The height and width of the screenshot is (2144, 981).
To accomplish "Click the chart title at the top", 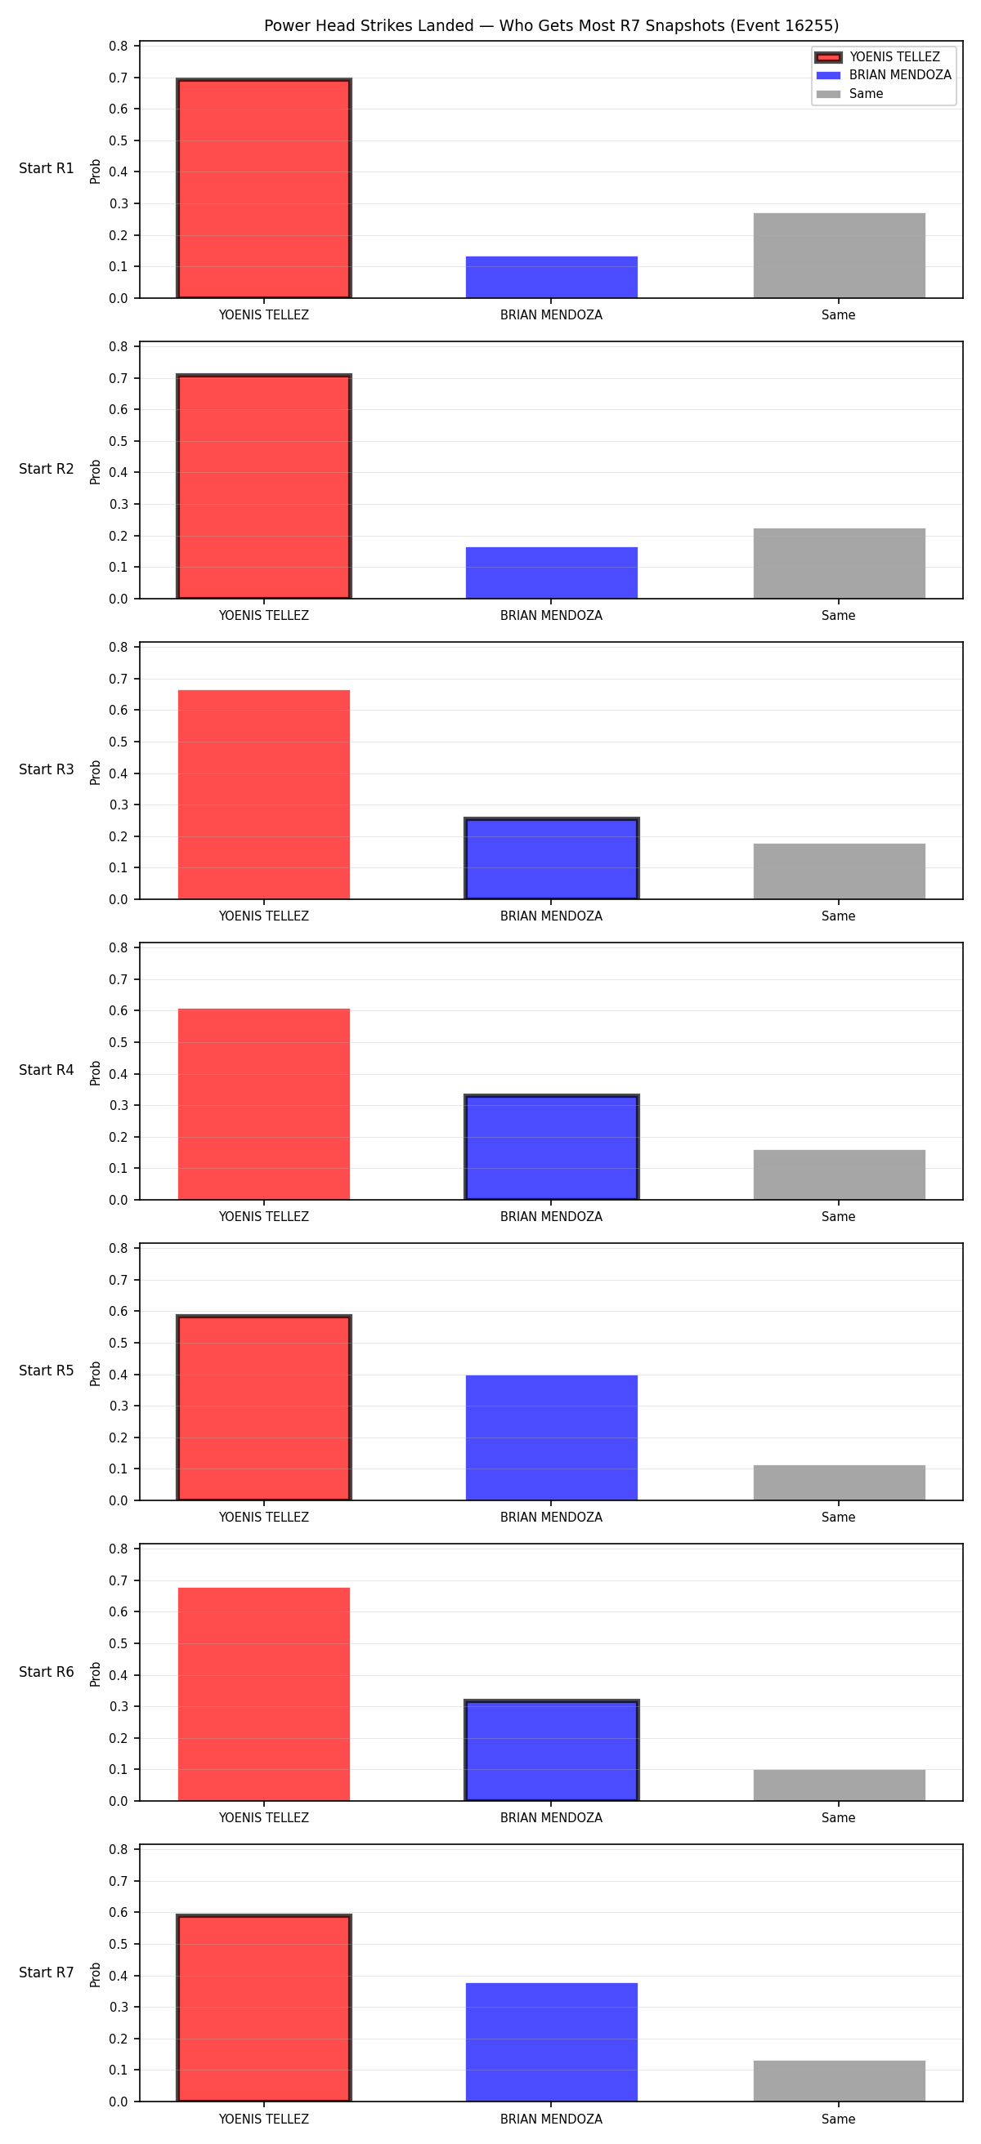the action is click(551, 26).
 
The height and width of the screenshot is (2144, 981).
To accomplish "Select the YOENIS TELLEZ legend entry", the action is click(883, 56).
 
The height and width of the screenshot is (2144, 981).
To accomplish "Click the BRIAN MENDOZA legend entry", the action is click(883, 75).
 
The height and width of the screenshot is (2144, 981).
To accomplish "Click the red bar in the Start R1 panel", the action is click(264, 188).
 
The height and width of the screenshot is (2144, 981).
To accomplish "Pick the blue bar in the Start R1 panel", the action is click(551, 277).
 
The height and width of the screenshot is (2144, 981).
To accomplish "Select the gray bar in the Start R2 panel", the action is click(839, 564).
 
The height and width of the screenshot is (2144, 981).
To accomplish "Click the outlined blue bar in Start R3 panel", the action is click(551, 859).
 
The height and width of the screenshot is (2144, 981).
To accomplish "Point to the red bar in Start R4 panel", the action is click(264, 1104).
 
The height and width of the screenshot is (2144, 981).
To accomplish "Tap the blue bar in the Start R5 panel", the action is click(551, 1438).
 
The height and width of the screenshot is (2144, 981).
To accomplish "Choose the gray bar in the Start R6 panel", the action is click(839, 1785).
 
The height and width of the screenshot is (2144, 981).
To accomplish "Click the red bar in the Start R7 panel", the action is click(264, 2008).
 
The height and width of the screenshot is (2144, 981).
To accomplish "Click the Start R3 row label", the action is click(47, 770).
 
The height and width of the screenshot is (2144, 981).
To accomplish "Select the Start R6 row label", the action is click(47, 1672).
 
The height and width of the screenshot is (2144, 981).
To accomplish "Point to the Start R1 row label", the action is click(47, 168).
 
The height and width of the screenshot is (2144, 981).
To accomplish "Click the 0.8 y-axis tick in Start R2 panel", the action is click(119, 346).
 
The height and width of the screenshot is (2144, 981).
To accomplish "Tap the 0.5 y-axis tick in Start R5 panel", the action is click(119, 1343).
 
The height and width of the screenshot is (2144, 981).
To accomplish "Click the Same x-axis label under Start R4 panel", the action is click(839, 1217).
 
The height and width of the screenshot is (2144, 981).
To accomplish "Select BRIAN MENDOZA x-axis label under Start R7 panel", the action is click(551, 2119).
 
